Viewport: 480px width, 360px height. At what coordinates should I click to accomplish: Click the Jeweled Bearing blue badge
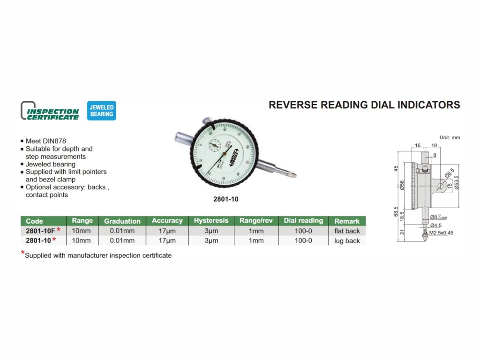[102, 111]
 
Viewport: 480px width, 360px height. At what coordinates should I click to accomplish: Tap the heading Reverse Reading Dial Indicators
[364, 105]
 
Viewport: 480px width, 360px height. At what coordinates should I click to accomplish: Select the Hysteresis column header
[211, 221]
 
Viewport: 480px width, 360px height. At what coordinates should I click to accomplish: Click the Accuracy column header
[167, 221]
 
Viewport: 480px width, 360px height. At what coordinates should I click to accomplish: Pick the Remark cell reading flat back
[347, 231]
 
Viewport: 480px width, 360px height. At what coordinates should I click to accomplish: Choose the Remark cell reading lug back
[347, 241]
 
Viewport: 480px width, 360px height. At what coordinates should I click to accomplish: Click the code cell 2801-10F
[40, 231]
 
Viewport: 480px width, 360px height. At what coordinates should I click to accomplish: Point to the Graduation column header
[122, 221]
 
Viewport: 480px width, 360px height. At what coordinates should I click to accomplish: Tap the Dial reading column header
[303, 221]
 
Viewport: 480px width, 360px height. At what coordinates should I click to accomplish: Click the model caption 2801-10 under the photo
[226, 199]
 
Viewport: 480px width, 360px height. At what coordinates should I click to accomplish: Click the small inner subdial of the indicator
[215, 145]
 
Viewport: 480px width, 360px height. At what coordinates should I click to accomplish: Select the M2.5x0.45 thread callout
[441, 233]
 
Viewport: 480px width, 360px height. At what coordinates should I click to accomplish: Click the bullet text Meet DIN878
[46, 141]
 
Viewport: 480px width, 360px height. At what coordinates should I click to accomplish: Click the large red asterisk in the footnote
[22, 254]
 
